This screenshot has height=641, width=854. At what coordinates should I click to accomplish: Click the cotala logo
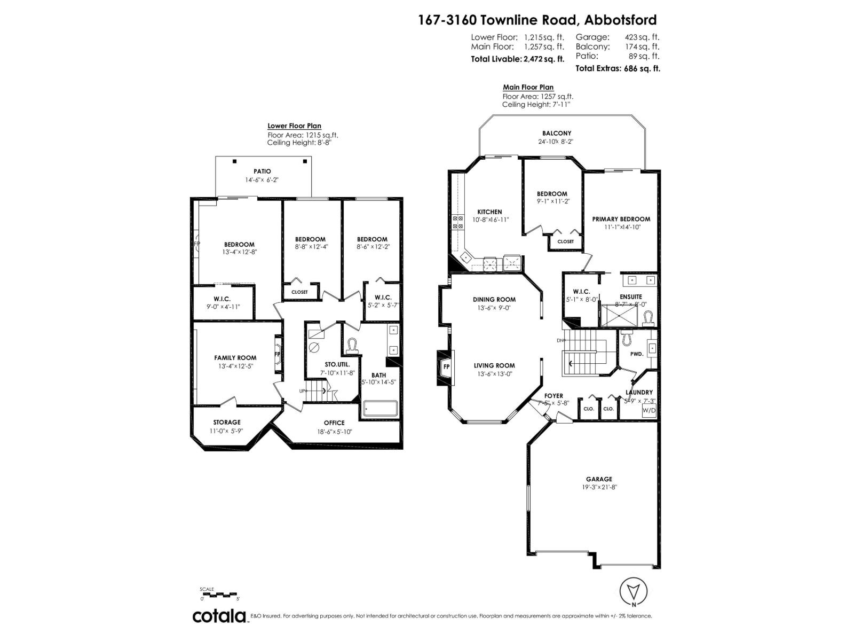(x=219, y=616)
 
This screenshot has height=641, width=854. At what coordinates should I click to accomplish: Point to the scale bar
(x=219, y=594)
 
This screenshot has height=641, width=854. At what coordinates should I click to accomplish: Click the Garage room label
(x=598, y=479)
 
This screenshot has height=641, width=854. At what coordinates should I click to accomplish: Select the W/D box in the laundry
(x=649, y=410)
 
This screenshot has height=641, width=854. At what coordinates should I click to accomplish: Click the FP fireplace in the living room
(x=446, y=366)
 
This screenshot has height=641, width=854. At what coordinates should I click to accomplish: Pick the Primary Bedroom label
(x=621, y=219)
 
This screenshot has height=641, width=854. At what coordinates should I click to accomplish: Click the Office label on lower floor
(x=334, y=423)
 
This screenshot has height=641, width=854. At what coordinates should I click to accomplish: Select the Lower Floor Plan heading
(x=294, y=126)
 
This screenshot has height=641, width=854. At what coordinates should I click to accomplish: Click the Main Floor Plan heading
(x=528, y=87)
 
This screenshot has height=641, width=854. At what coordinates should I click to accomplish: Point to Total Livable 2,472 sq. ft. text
(x=517, y=59)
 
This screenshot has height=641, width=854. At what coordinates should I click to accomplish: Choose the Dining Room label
(x=494, y=300)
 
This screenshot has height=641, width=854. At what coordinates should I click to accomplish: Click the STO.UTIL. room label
(x=337, y=364)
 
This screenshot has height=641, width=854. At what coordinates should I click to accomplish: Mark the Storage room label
(x=227, y=423)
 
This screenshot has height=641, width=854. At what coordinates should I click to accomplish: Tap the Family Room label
(x=235, y=358)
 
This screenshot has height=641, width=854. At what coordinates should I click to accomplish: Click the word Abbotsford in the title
(x=620, y=20)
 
